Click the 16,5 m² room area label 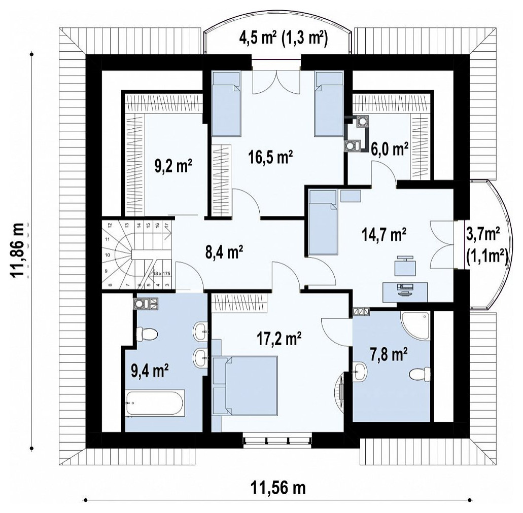click(x=270, y=157)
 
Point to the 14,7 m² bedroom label click(x=383, y=235)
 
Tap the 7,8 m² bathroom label click(x=389, y=354)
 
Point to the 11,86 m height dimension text click(x=17, y=250)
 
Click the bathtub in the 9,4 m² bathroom click(x=154, y=402)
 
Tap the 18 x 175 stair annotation click(x=162, y=273)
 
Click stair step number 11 click(x=108, y=239)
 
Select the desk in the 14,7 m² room click(x=405, y=291)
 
